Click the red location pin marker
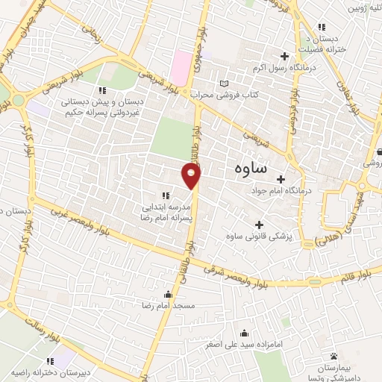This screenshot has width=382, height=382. [x=192, y=176]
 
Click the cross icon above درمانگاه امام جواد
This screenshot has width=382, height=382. [x=281, y=178]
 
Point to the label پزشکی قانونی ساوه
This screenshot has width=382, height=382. [x=258, y=237]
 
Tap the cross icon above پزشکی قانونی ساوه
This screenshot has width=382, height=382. [x=259, y=225]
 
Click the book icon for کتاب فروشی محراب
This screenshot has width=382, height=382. [x=223, y=83]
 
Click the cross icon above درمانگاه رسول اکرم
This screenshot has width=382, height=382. [x=284, y=56]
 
